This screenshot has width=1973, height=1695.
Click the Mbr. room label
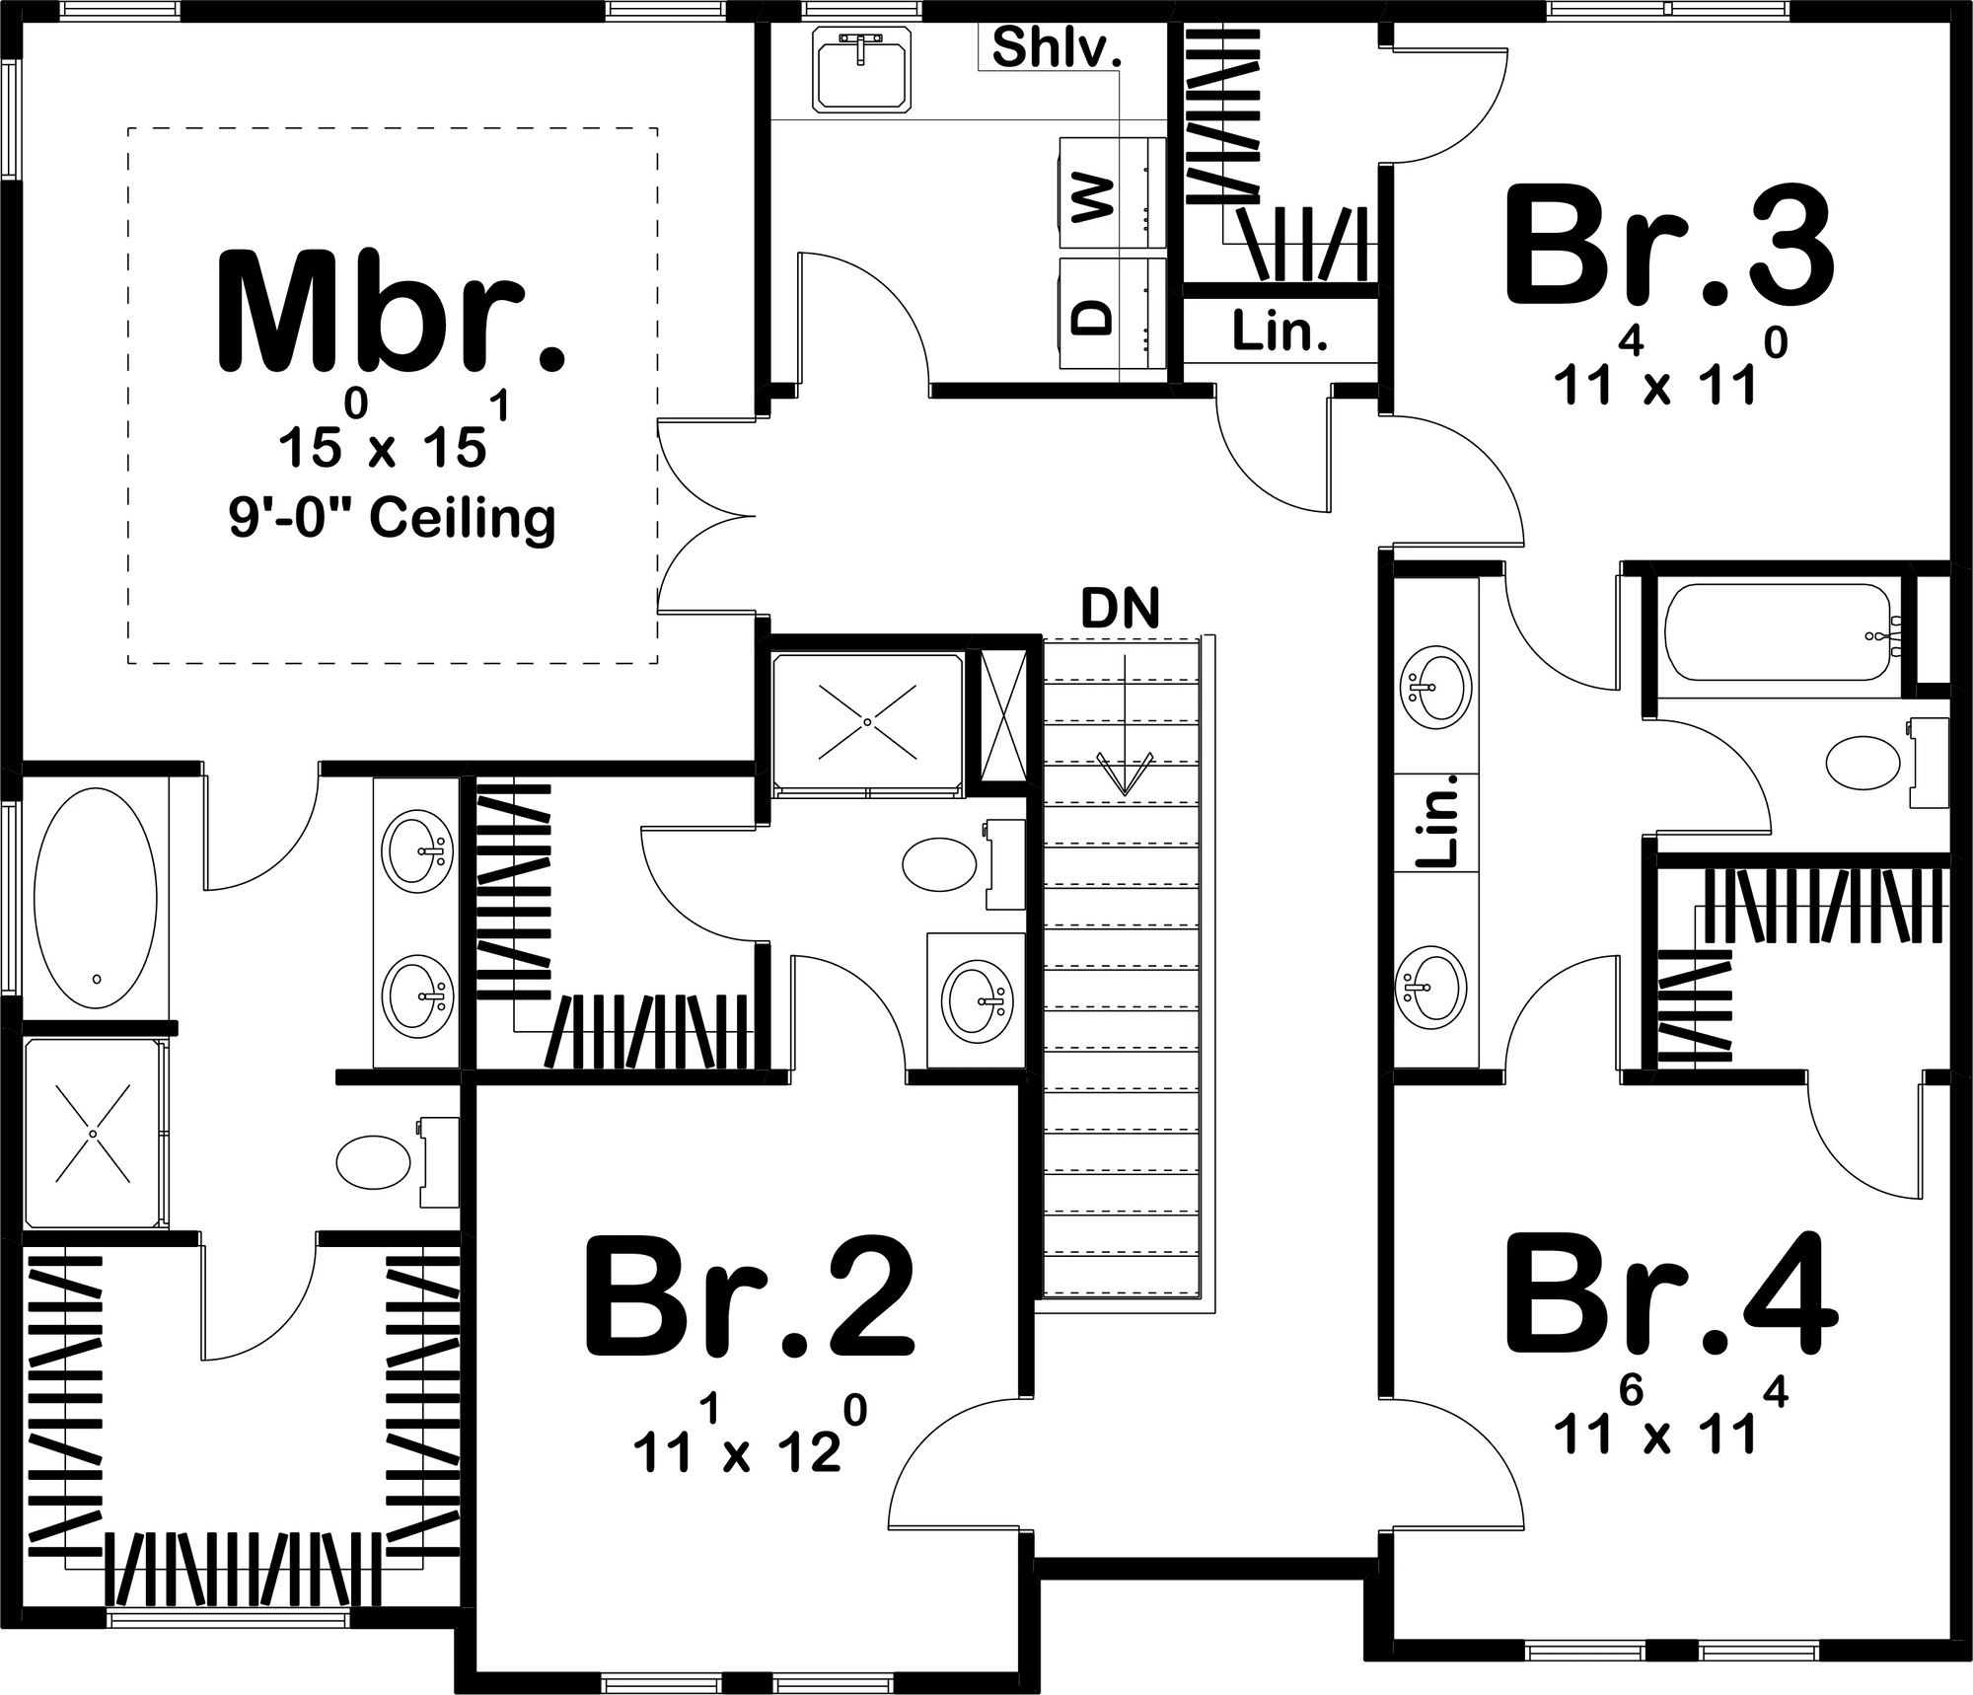pyautogui.click(x=391, y=312)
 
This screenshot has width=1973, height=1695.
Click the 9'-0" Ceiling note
pyautogui.click(x=393, y=519)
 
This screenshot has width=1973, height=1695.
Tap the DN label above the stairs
pyautogui.click(x=1120, y=609)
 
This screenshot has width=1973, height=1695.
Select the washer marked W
pyautogui.click(x=1112, y=193)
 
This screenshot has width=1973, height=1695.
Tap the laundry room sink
pyautogui.click(x=861, y=69)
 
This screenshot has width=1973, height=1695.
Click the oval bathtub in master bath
pyautogui.click(x=96, y=898)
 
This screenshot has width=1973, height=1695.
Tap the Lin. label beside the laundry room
pyautogui.click(x=1279, y=332)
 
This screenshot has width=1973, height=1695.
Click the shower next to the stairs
pyautogui.click(x=867, y=722)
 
